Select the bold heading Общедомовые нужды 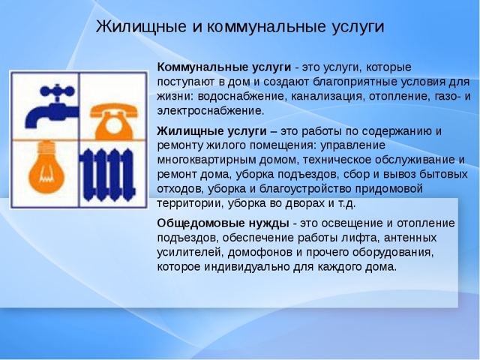223,223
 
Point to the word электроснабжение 210,110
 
